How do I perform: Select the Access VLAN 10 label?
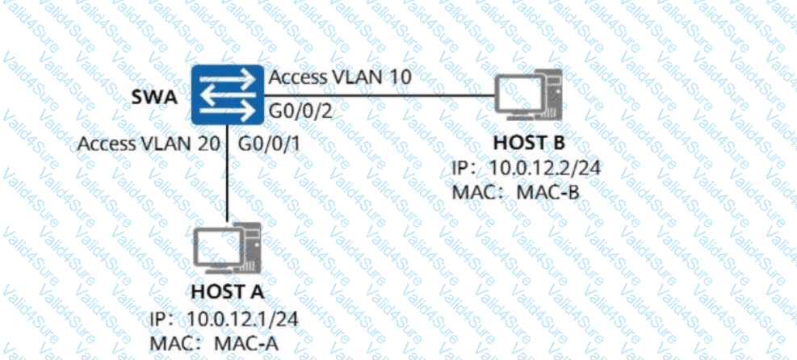point(341,79)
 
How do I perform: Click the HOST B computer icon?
point(526,101)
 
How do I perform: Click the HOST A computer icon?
point(229,250)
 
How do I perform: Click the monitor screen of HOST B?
point(516,91)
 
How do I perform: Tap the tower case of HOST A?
point(252,251)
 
